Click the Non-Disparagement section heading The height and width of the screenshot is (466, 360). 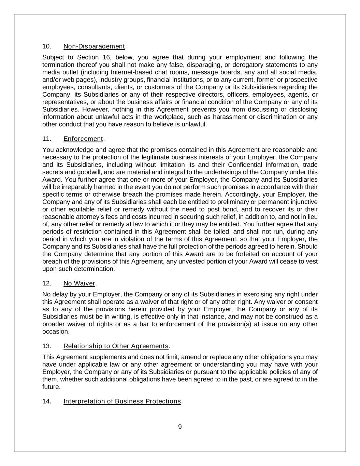tap(94, 46)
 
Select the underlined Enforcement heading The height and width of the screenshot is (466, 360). tap(83, 139)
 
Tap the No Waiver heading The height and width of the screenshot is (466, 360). tap(79, 283)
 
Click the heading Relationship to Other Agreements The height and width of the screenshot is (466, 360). tap(116, 346)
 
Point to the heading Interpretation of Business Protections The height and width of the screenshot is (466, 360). tap(122, 401)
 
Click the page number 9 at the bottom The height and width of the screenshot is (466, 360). tap(180, 427)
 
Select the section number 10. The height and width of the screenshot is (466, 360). tap(47, 46)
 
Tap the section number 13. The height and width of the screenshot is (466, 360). tap(47, 346)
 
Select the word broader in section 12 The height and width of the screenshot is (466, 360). tap(53, 324)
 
